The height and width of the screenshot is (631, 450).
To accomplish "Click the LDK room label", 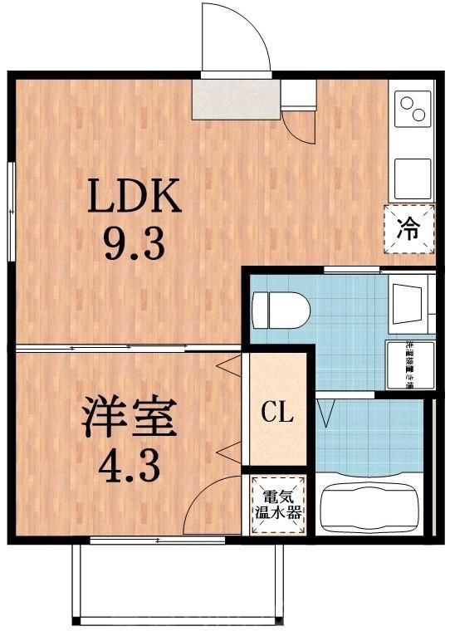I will coord(135,197).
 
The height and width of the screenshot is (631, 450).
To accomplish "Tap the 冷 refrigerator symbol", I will coord(409,228).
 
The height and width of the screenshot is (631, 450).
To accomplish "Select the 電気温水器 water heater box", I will coord(277,504).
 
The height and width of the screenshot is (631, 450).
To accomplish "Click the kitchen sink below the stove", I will coord(409,175).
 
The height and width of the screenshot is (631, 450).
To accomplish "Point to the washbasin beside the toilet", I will coord(409,303).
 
